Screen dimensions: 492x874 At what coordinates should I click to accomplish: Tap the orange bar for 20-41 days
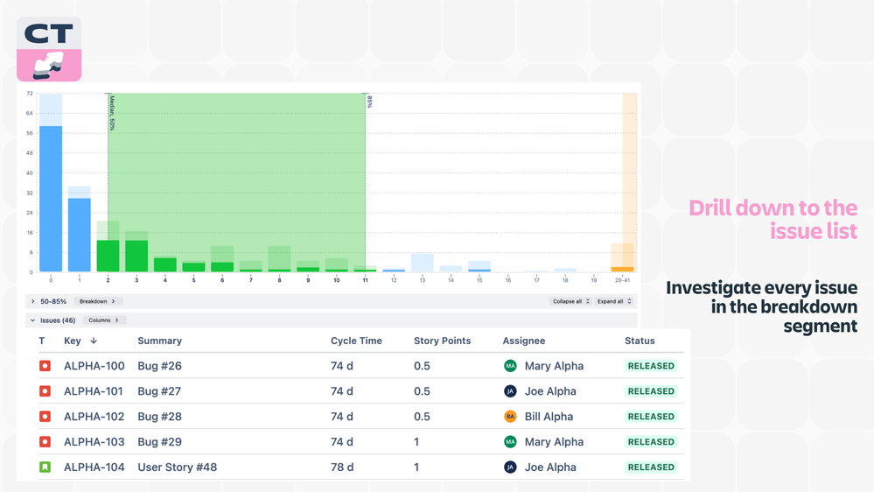[623, 269]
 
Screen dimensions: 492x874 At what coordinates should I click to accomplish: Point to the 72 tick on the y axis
[30, 93]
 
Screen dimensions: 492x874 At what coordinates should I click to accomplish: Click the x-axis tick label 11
[365, 280]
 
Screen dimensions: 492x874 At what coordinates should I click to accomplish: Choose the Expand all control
[613, 301]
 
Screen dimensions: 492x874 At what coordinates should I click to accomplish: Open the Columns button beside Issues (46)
[103, 320]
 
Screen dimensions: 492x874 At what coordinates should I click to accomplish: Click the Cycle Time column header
[356, 341]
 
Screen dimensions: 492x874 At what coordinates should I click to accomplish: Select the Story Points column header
[442, 341]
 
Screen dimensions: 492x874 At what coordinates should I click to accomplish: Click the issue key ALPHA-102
[94, 417]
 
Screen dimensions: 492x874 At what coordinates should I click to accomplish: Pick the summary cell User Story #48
[177, 467]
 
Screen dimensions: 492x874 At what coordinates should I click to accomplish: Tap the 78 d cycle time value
[342, 467]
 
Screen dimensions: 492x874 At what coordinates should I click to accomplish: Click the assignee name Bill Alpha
[549, 417]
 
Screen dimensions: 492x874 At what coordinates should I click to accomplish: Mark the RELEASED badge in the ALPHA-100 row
[651, 366]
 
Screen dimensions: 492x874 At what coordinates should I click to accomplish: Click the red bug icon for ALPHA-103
[45, 442]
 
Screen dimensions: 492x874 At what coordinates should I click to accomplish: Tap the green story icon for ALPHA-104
[45, 467]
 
